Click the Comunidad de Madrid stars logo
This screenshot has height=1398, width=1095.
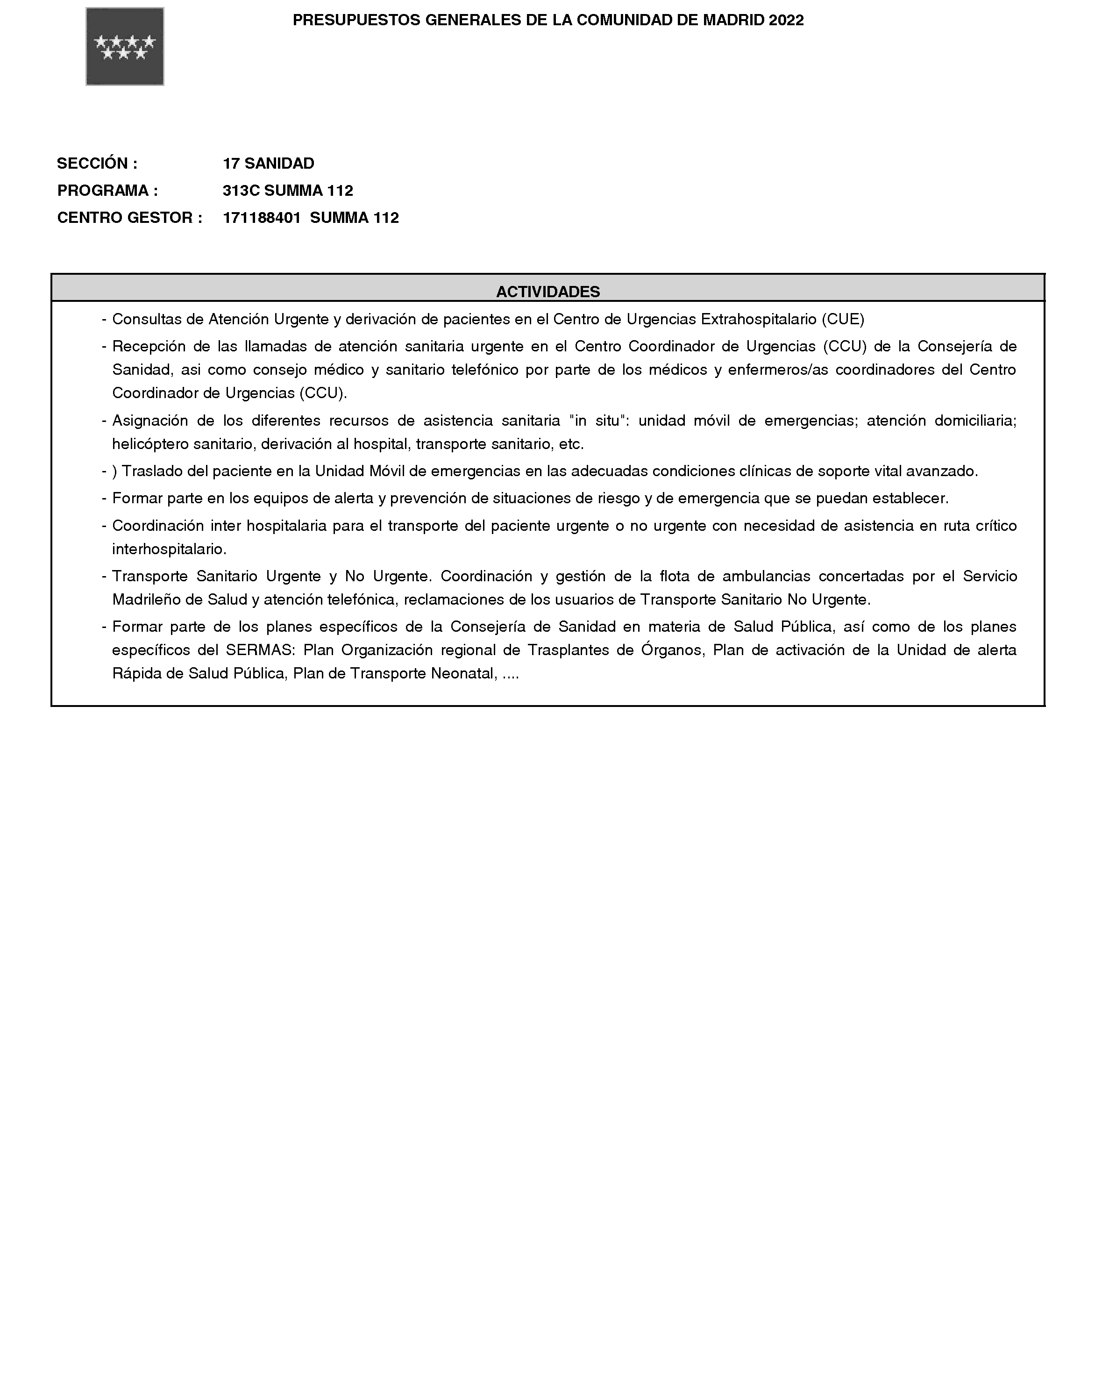pyautogui.click(x=125, y=47)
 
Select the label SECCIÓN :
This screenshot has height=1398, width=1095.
pyautogui.click(x=97, y=164)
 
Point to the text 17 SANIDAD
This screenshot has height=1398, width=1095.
pyautogui.click(x=269, y=164)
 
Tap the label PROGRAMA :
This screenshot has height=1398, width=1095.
pyautogui.click(x=107, y=191)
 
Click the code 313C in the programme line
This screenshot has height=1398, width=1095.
pyautogui.click(x=241, y=191)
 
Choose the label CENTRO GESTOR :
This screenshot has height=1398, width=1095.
pyautogui.click(x=129, y=218)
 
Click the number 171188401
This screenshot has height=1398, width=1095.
pyautogui.click(x=262, y=218)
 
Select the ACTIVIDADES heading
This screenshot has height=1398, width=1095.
pyautogui.click(x=547, y=292)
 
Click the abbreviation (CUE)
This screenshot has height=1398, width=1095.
pyautogui.click(x=842, y=319)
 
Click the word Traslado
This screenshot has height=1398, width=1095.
pyautogui.click(x=153, y=471)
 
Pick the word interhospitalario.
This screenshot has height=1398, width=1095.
pyautogui.click(x=169, y=549)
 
